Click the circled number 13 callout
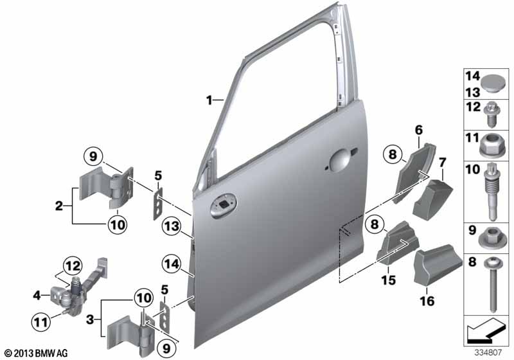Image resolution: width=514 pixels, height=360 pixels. [x=172, y=226]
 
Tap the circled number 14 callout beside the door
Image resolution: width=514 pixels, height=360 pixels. [x=172, y=264]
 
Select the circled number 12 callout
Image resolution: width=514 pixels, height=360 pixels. [x=73, y=266]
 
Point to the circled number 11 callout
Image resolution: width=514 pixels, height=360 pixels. [x=41, y=322]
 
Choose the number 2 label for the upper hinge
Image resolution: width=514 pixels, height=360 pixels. [x=58, y=206]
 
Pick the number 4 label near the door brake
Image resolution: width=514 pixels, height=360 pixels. [x=37, y=296]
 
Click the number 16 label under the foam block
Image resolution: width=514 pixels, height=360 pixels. [x=427, y=300]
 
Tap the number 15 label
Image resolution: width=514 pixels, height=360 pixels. [x=388, y=280]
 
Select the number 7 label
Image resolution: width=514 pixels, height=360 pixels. [x=442, y=162]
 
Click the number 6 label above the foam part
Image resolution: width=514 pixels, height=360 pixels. [x=419, y=130]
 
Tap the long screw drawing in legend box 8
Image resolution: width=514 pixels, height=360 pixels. [x=492, y=284]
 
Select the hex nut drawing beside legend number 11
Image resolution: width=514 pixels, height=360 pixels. [x=492, y=146]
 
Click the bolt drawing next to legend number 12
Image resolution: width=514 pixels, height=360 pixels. [x=492, y=115]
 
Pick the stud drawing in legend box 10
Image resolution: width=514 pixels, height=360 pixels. [x=492, y=192]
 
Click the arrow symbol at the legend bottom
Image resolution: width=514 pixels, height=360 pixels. [x=485, y=330]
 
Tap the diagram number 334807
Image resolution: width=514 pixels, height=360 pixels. [x=488, y=352]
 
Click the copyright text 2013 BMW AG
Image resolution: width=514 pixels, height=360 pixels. [x=37, y=353]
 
